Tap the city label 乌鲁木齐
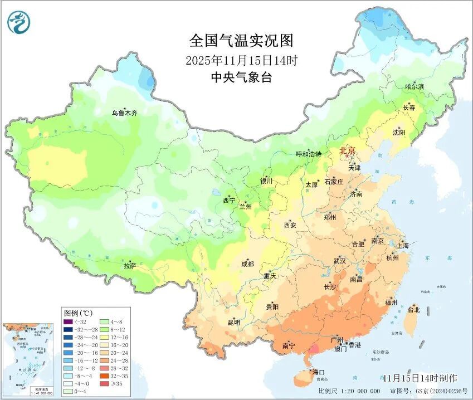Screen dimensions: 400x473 coord(124,113)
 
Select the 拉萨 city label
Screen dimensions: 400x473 coord(130,266)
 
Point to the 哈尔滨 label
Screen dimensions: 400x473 coord(415,87)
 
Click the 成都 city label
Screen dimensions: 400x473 coord(248,264)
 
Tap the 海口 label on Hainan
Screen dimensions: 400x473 coord(319,372)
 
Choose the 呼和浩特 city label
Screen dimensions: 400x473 coord(308,154)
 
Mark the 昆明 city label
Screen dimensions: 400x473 coord(233,322)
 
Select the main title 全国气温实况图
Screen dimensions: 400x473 coord(241,41)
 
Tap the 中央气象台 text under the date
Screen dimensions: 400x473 coord(241,78)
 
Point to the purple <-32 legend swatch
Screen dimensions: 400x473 coord(67,321)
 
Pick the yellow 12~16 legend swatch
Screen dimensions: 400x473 coord(104,337)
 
